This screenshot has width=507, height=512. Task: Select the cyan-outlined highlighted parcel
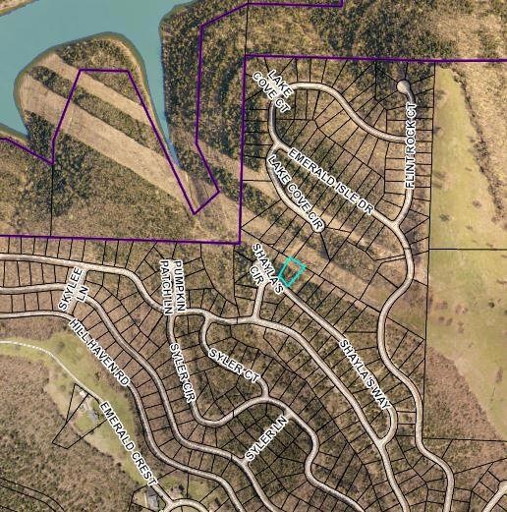point(293,271)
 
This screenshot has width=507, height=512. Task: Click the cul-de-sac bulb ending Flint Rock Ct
point(403,86)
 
